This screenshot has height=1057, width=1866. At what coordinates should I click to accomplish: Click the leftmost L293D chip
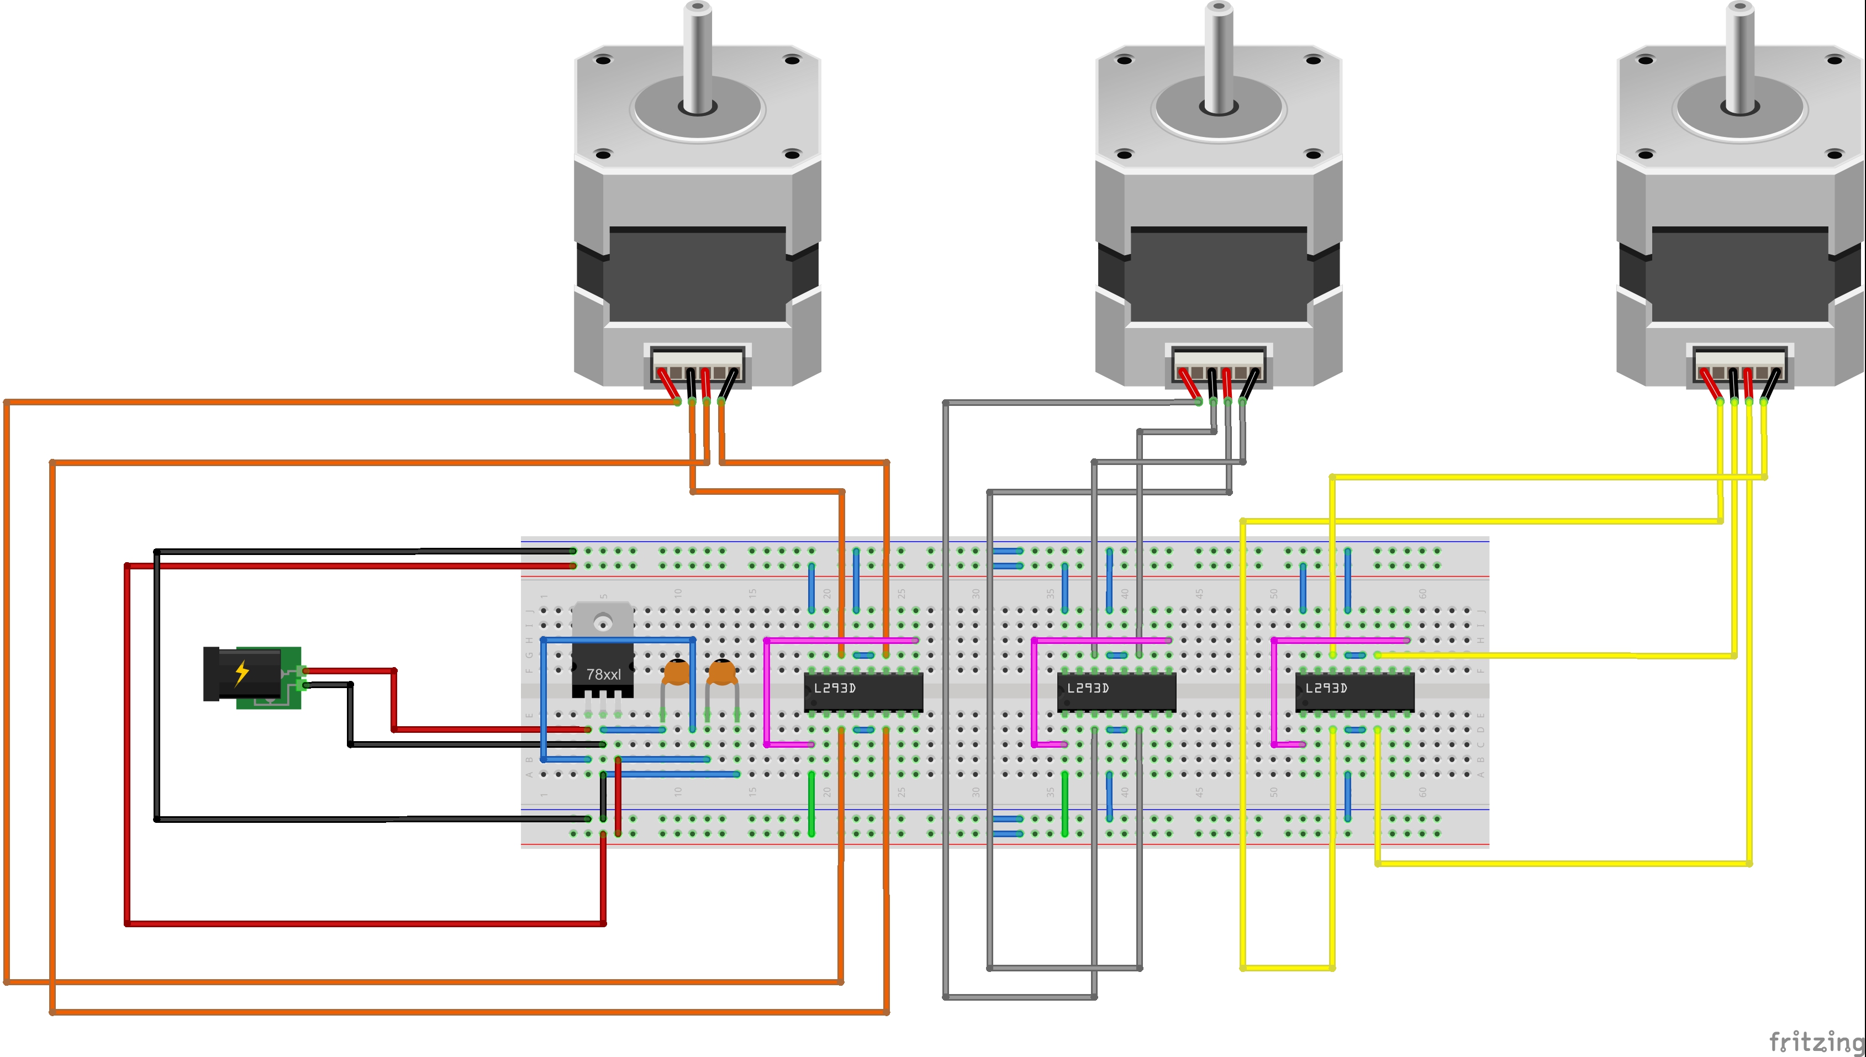tap(863, 691)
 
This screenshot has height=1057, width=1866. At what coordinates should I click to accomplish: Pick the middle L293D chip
tap(1116, 691)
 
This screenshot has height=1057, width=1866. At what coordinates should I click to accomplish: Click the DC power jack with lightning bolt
tap(250, 675)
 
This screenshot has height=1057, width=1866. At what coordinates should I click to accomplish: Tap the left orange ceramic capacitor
tap(677, 672)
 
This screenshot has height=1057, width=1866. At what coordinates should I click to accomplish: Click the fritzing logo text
tap(1815, 1042)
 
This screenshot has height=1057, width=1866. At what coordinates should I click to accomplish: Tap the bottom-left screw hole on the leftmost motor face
tap(603, 154)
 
